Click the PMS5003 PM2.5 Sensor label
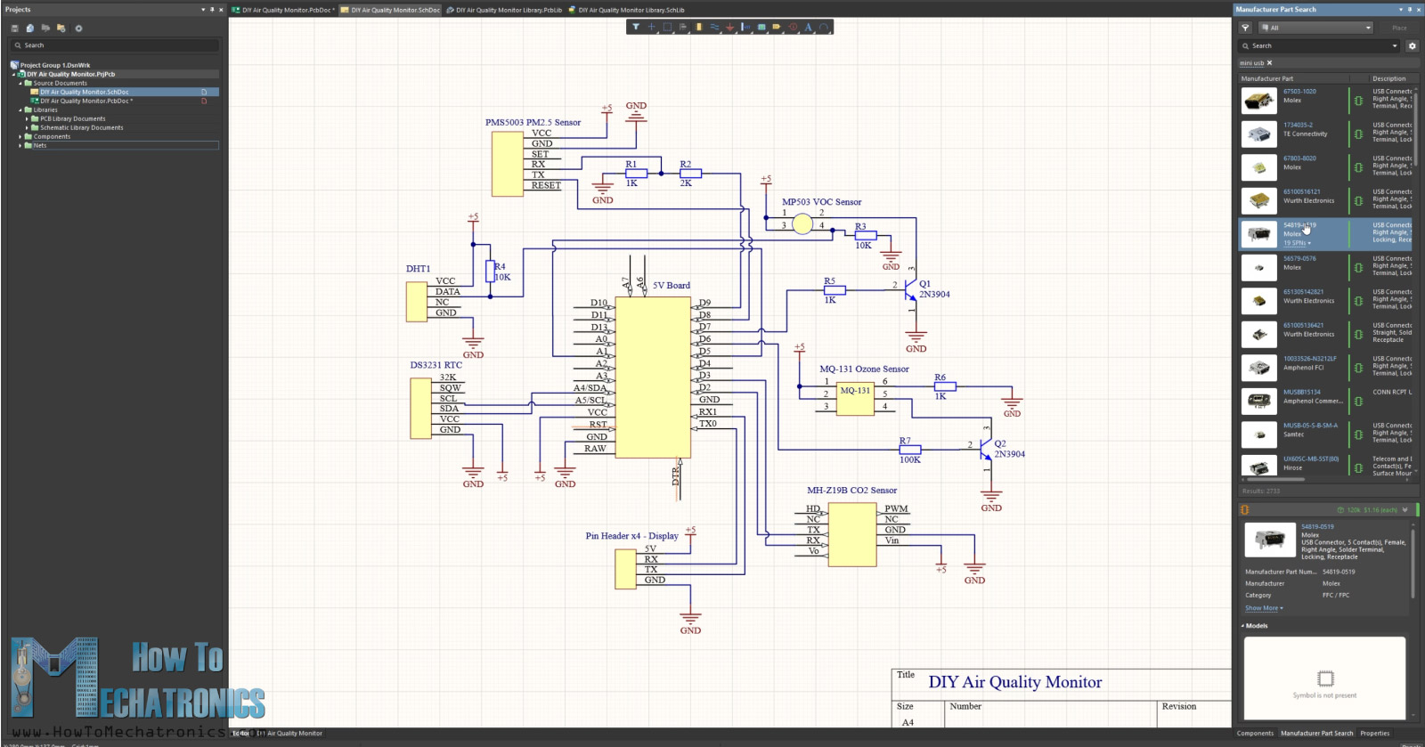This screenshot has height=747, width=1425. pos(533,122)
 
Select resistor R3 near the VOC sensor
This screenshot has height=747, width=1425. pos(865,235)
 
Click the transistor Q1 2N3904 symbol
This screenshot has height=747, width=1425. pos(910,290)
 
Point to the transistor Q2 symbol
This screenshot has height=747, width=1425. pos(985,449)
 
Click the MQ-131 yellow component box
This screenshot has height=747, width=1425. pos(855,398)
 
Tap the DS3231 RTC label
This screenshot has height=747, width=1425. pos(436,365)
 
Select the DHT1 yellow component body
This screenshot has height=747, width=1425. pos(416,302)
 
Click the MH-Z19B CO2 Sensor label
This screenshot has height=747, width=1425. pos(851,490)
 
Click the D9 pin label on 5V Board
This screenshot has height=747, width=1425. pos(704,303)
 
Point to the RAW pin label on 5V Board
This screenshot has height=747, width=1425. pos(595,449)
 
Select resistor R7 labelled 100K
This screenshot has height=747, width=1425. pos(909,450)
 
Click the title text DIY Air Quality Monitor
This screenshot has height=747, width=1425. pos(1014,682)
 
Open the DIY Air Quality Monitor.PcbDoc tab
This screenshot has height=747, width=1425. pos(283,10)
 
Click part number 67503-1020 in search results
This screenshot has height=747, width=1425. pos(1299,91)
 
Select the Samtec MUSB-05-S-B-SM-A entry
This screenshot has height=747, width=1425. pos(1309,426)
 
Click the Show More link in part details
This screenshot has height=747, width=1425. pos(1263,608)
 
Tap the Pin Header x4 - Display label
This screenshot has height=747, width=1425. pos(631,536)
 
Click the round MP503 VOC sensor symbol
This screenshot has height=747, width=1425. pos(802,224)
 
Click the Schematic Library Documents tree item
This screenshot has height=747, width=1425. pos(81,127)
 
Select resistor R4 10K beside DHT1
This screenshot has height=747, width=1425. pos(489,272)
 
